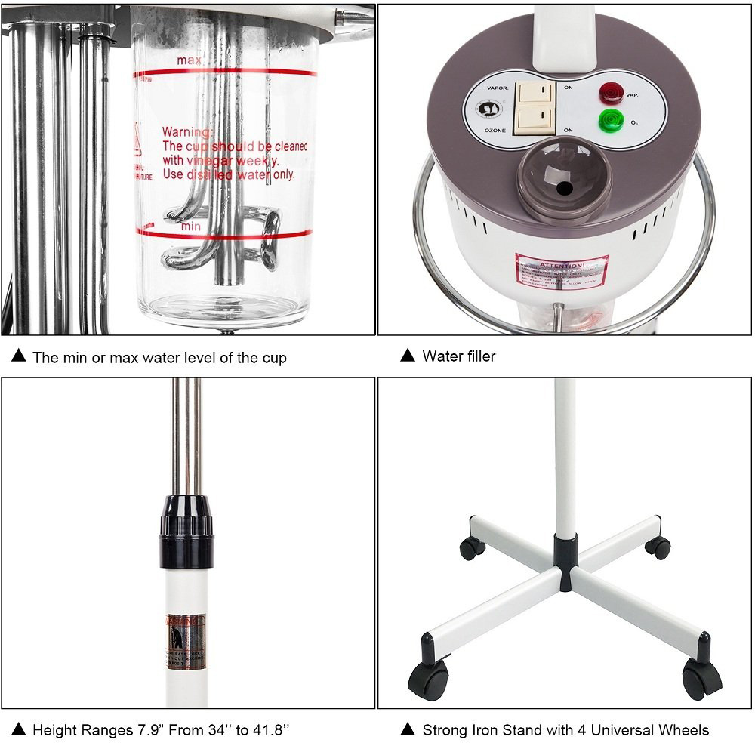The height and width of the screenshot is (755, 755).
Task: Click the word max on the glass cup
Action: (190, 60)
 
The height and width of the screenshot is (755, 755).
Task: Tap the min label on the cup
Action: (190, 226)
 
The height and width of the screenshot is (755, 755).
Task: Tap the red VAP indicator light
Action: (608, 94)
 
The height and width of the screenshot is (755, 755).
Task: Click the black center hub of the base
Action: (562, 551)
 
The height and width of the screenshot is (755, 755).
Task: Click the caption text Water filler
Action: (459, 356)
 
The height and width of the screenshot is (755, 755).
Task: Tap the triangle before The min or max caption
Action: (20, 356)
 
